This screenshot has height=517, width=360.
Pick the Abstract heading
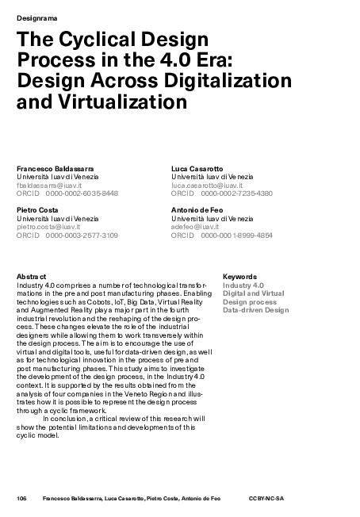[x=32, y=276]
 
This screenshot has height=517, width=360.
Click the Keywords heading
[x=239, y=277]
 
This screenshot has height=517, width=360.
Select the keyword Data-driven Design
[x=255, y=310]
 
